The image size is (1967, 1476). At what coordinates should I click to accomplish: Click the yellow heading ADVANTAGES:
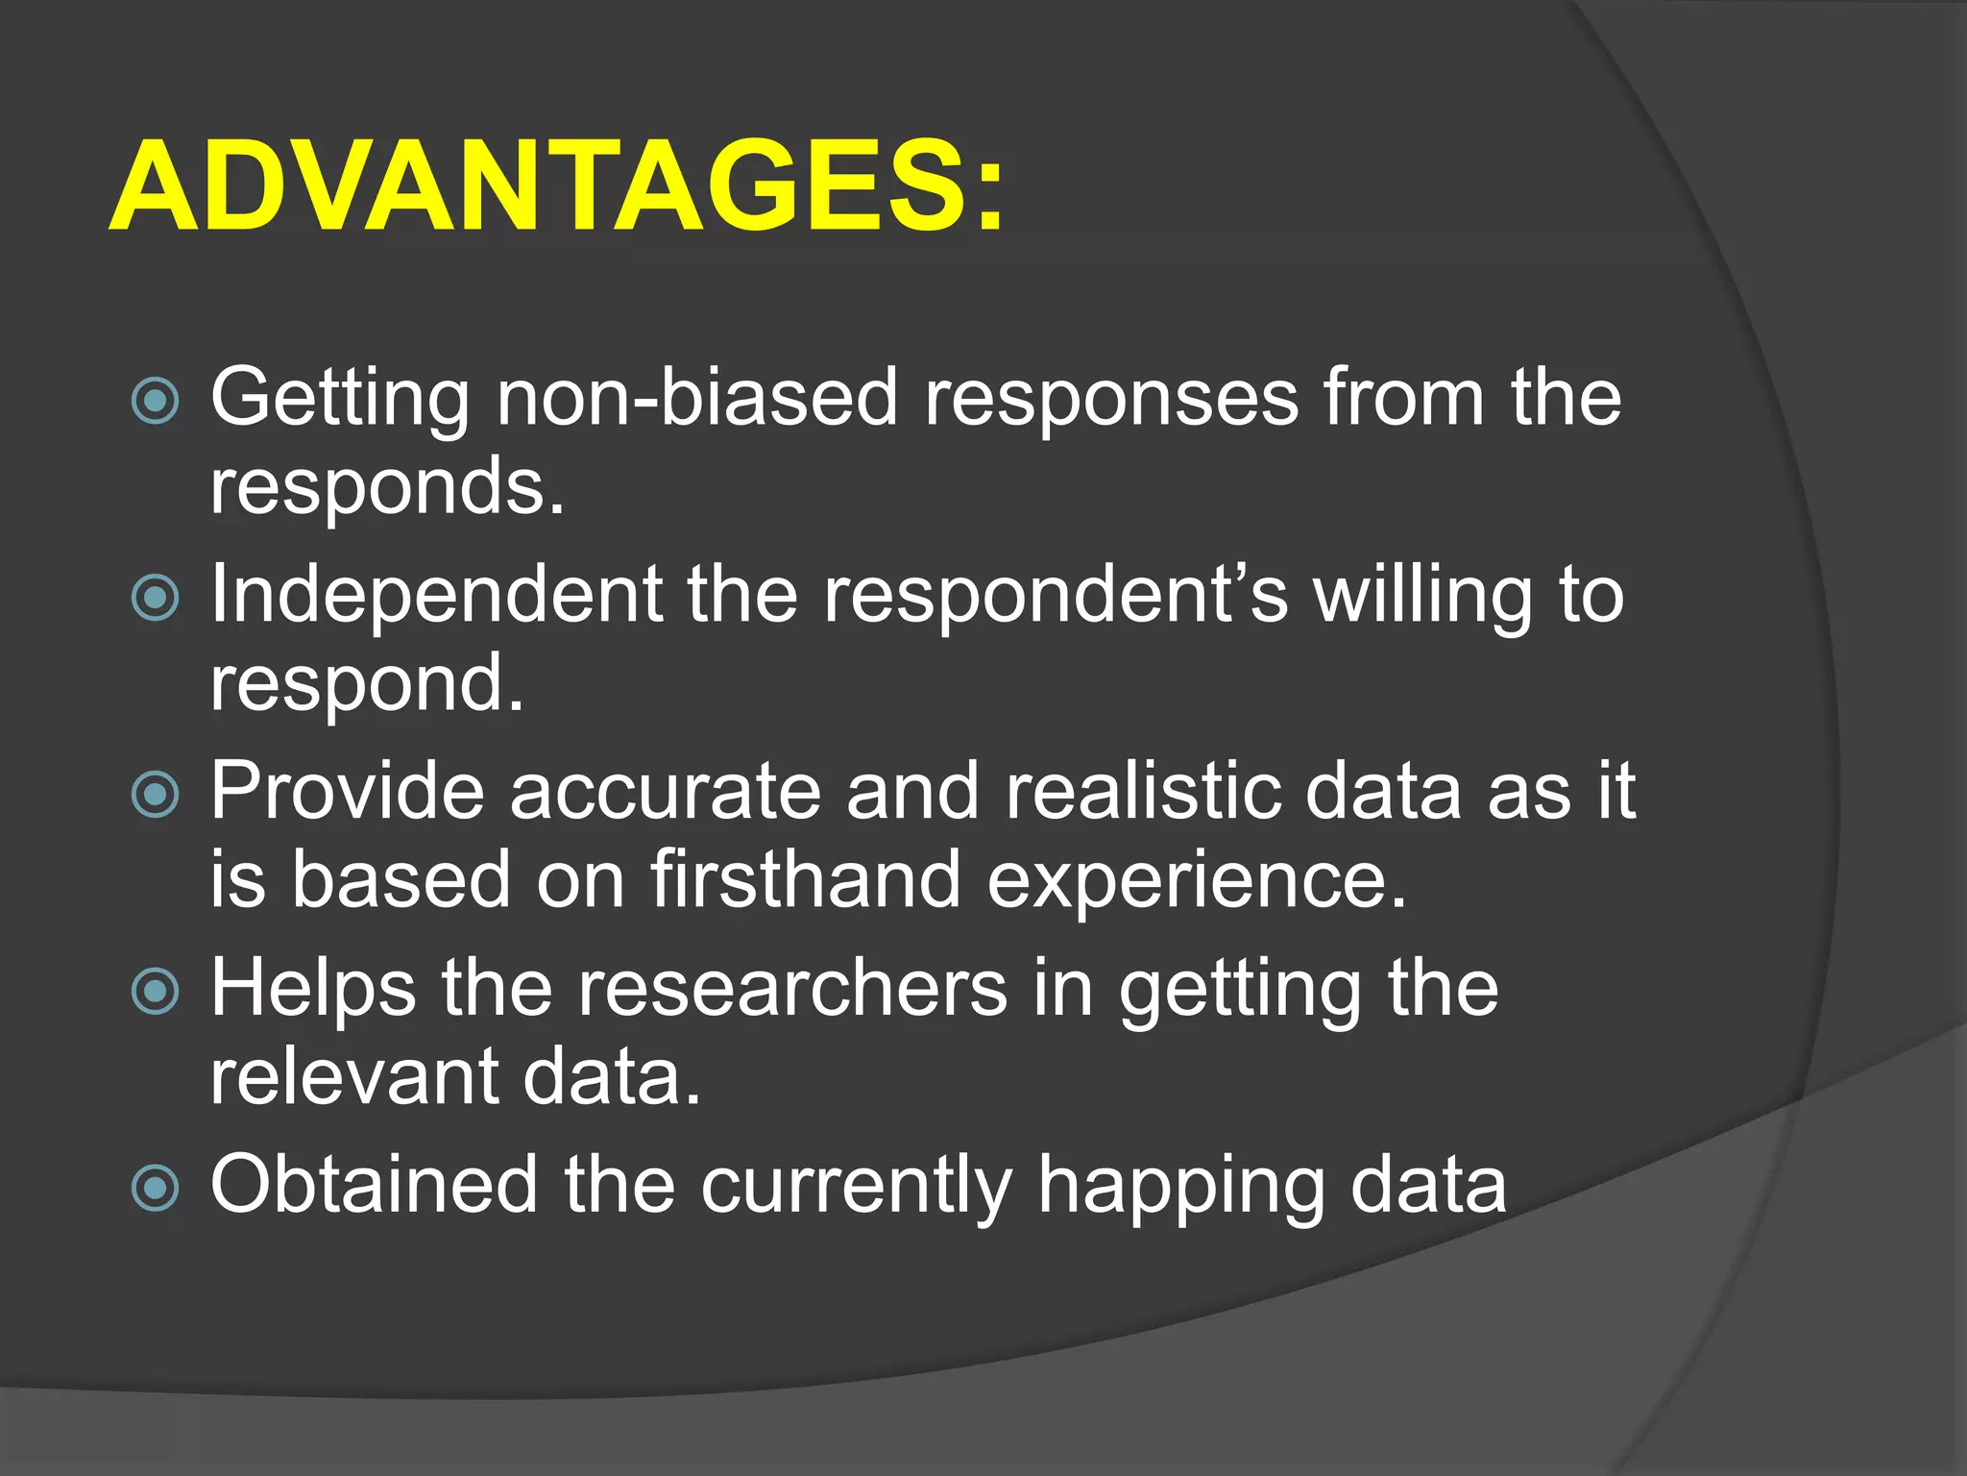557,187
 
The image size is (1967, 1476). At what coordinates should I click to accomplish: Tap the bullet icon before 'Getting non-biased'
155,401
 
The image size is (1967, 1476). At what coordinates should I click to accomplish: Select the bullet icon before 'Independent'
155,598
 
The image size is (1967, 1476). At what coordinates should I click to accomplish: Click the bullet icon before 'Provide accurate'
155,795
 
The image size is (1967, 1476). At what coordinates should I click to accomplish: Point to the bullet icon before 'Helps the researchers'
155,992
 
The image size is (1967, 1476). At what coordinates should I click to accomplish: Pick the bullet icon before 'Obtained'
155,1189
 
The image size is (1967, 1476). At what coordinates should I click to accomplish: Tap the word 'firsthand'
806,879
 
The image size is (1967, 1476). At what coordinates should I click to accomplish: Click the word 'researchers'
792,988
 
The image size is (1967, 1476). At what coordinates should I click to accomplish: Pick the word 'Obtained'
375,1184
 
